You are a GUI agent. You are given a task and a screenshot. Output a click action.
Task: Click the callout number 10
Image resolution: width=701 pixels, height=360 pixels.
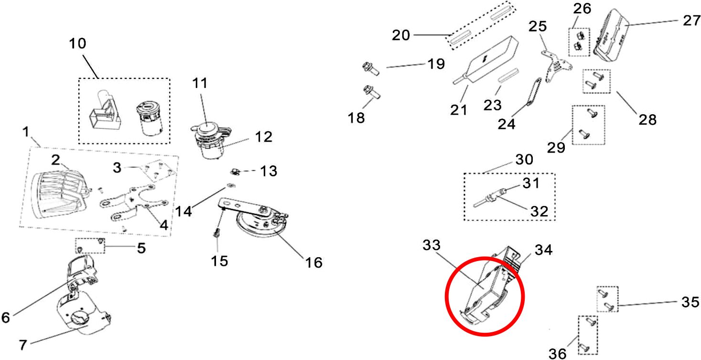77,44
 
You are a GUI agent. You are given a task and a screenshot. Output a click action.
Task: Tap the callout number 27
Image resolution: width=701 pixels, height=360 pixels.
691,21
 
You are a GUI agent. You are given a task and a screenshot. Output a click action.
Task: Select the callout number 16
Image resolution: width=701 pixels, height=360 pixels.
313,262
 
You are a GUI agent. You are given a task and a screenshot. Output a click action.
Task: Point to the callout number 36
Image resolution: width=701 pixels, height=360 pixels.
557,354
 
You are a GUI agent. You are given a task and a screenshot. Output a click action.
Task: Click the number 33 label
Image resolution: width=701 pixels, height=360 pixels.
431,245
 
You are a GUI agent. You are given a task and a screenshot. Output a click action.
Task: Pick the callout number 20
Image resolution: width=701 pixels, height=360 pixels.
401,35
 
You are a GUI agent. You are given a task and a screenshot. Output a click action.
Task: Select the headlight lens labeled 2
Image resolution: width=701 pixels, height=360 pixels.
59,194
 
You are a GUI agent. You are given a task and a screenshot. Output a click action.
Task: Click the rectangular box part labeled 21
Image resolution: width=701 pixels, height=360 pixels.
485,60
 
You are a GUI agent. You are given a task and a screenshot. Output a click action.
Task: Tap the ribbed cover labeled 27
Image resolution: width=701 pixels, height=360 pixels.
611,35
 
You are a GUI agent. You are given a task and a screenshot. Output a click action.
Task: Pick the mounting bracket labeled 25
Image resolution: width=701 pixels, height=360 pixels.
556,66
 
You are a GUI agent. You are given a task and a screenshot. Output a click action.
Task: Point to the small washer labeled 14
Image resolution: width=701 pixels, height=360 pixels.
231,185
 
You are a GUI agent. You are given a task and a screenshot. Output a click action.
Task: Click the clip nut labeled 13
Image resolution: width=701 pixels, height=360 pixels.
235,171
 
